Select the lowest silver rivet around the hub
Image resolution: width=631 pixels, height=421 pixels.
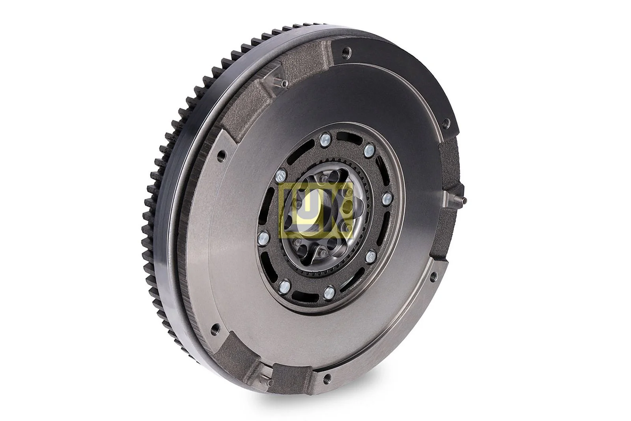tap(328, 292)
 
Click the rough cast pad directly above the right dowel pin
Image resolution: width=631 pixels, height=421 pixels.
tap(448, 162)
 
